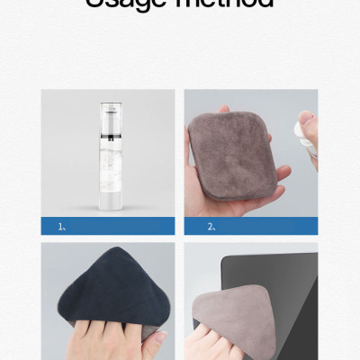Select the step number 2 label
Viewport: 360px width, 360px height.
(211, 226)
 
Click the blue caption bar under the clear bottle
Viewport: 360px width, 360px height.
(108, 226)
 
